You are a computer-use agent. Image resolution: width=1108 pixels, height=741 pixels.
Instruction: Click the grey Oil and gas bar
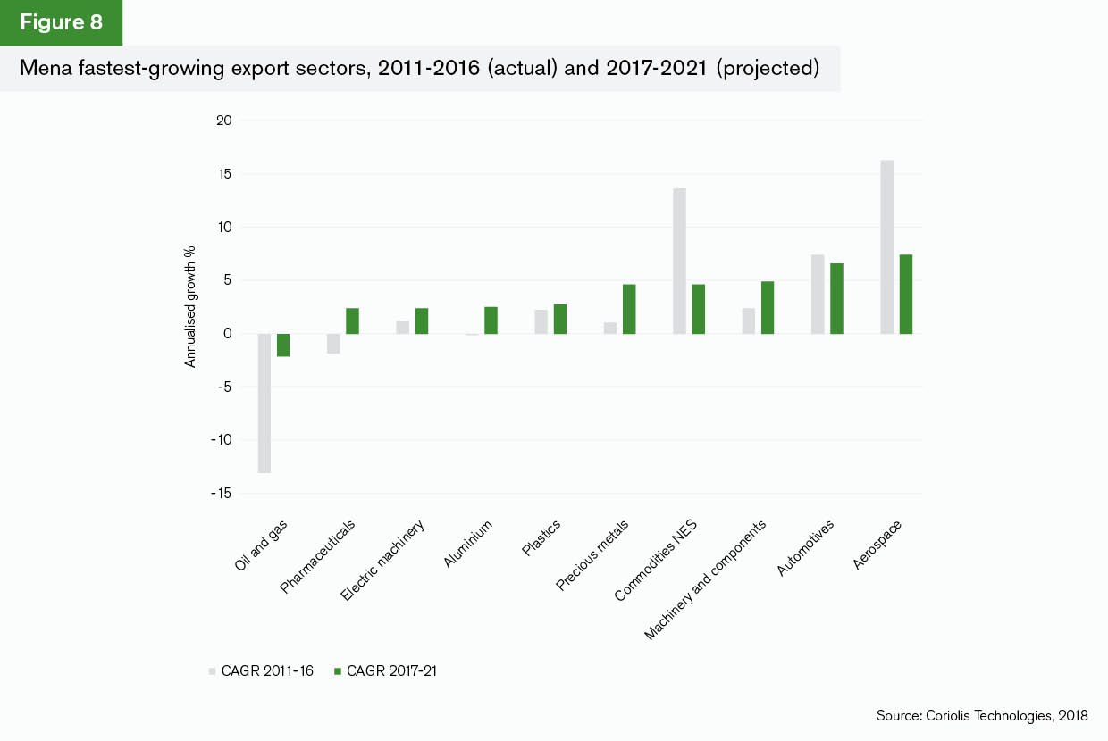(264, 403)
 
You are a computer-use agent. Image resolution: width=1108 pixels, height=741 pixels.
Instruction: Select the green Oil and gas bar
(283, 345)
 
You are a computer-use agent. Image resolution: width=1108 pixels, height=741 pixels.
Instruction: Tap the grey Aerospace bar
(886, 247)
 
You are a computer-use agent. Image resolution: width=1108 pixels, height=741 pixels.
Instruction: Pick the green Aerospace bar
(906, 294)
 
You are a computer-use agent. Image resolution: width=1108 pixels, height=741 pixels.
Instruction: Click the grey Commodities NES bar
(679, 261)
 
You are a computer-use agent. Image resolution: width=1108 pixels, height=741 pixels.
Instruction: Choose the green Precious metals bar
(629, 309)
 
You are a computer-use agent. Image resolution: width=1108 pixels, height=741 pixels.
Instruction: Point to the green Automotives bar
(836, 298)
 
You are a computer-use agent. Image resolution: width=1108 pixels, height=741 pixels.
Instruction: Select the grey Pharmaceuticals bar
(333, 344)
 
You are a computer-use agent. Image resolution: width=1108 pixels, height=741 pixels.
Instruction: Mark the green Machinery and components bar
(768, 307)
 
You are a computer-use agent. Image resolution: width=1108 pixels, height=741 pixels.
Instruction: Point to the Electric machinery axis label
(383, 559)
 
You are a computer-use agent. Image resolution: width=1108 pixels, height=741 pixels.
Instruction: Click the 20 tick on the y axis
(223, 121)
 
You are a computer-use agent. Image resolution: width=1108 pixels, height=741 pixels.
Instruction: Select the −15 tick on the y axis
(220, 494)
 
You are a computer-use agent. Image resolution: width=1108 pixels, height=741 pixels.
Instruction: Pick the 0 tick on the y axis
(228, 334)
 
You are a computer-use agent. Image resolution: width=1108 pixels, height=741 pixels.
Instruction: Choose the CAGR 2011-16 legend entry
(261, 670)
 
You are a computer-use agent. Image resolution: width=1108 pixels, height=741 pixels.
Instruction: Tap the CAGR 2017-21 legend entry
(384, 670)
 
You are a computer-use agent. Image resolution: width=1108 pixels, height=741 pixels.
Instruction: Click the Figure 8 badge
(61, 22)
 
